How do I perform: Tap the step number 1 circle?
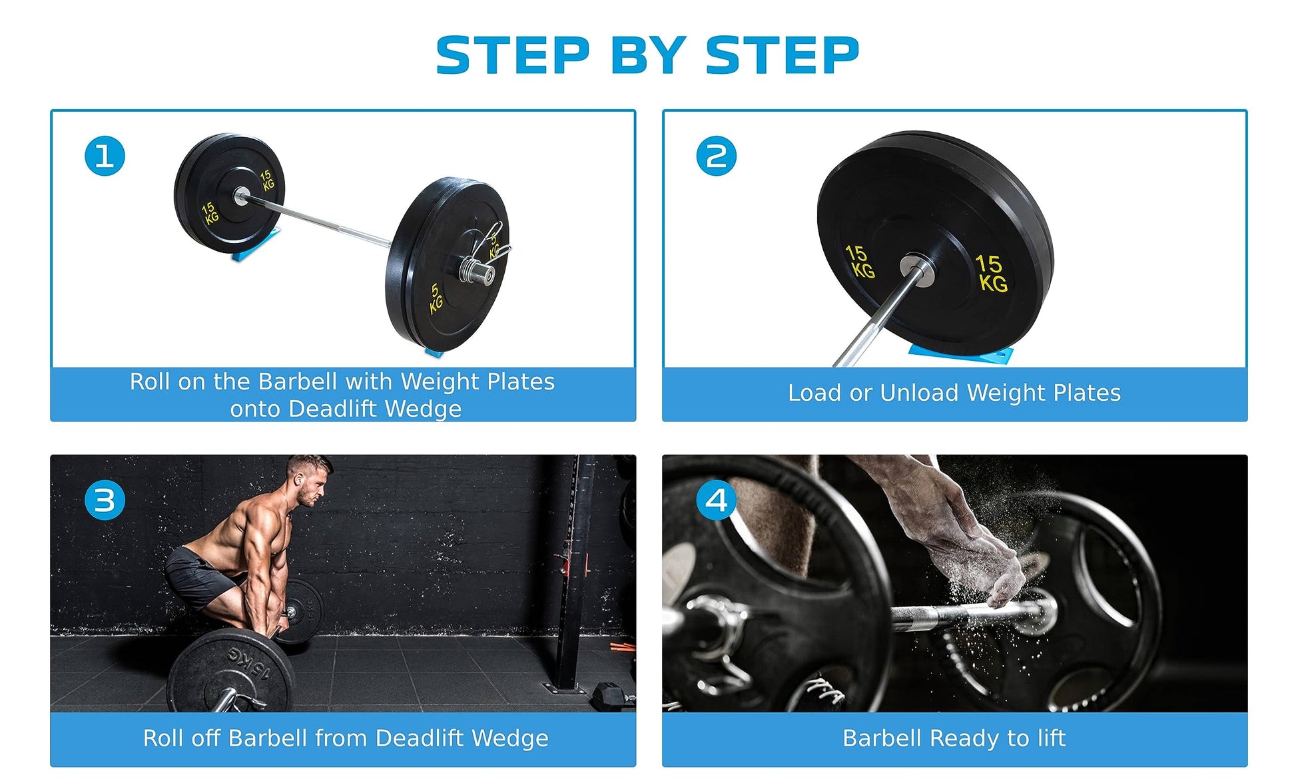point(105,156)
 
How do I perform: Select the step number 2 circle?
point(716,156)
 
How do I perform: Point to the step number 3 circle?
point(105,500)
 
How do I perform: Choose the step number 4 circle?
point(716,500)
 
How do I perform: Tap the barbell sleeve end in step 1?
point(478,272)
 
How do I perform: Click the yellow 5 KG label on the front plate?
point(435,298)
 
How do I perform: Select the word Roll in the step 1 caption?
point(150,382)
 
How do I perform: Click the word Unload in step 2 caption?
point(919,393)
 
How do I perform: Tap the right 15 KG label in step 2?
point(992,273)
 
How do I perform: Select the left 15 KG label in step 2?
point(860,261)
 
